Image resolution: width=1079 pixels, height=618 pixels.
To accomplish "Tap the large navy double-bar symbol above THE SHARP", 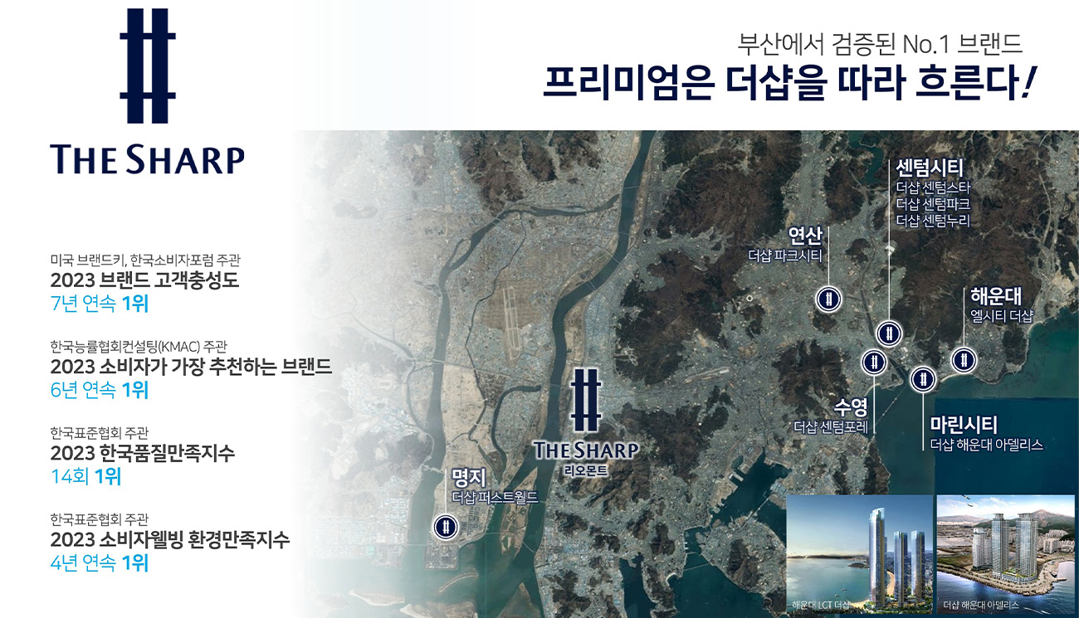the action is click(148, 66).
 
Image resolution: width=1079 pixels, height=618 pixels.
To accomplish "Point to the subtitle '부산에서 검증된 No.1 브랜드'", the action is click(880, 44).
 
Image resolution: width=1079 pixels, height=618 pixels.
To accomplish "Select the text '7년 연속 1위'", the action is click(100, 304).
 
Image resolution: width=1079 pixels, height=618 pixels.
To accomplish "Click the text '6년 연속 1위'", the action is click(100, 390).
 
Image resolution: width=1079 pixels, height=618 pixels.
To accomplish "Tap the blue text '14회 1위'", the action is click(85, 476).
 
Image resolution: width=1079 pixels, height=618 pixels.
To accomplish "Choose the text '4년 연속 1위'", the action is click(100, 562).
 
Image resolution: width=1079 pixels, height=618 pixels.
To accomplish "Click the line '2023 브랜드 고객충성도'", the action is click(144, 280).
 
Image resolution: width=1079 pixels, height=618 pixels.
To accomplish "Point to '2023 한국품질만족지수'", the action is click(143, 453).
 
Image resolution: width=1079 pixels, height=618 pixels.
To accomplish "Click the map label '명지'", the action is click(469, 478).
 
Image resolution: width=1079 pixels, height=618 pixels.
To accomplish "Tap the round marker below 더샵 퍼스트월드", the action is click(446, 527).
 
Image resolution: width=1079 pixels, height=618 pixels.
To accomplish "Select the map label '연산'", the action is click(805, 236).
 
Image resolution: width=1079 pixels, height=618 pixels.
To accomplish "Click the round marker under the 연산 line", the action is click(828, 299).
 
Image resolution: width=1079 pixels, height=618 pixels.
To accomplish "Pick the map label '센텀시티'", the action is click(930, 168).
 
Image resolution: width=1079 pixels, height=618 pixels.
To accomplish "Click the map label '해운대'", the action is click(996, 296).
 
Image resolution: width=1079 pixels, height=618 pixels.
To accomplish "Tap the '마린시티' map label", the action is click(964, 425).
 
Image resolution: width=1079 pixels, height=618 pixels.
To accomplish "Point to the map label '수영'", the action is click(851, 407).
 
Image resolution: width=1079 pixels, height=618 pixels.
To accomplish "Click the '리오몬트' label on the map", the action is click(586, 470).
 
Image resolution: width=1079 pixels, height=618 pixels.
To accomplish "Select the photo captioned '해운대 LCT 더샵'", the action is click(859, 554).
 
